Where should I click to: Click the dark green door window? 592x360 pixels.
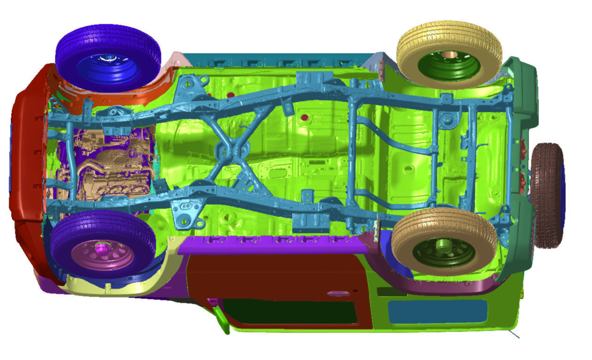[290, 311]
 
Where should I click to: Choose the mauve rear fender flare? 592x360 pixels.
[448, 286]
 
